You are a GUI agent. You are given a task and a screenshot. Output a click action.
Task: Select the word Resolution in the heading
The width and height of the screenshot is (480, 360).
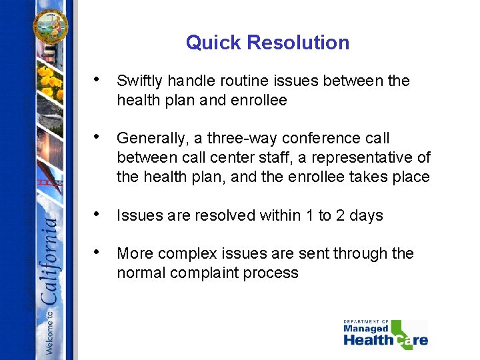coord(299,43)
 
